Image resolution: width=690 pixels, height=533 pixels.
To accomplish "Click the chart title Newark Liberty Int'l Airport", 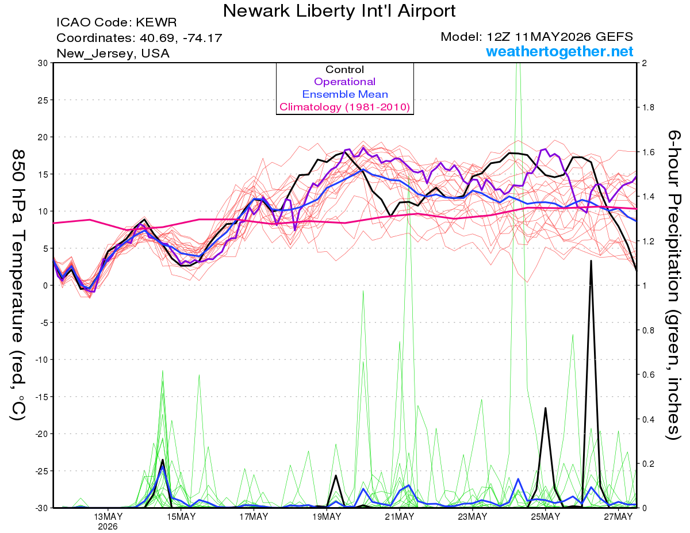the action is pos(339,11).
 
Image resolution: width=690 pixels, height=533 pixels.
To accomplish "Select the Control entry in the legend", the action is pos(344,70).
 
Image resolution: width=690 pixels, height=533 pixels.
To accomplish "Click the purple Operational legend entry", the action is pos(344,82).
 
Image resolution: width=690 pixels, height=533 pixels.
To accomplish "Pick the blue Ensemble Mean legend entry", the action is pos(345,94).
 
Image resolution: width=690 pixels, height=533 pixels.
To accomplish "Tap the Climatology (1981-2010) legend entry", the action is pos(344,107).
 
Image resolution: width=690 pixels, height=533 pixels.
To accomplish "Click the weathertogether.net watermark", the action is pos(559,51).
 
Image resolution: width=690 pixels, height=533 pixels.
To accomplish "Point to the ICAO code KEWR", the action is pos(156,22).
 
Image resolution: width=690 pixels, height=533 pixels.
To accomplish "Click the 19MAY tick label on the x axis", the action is pos(327,517).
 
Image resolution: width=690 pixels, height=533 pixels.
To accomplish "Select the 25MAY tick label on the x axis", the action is pos(546,517).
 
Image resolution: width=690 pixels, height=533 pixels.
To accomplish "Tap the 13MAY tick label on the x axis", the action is pos(108,517).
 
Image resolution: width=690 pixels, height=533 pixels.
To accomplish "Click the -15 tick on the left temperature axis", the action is pos(41,397).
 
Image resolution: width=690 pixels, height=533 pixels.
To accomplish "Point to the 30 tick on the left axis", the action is pos(43,63).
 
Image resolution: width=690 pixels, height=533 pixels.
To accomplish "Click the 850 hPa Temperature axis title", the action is pos(18,285).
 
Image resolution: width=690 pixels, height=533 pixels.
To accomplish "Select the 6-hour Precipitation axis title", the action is pos(674,285).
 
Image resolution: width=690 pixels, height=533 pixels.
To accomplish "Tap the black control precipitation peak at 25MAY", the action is pos(546,408).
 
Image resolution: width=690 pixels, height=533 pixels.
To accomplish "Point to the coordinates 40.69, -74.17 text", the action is pos(181,38).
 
